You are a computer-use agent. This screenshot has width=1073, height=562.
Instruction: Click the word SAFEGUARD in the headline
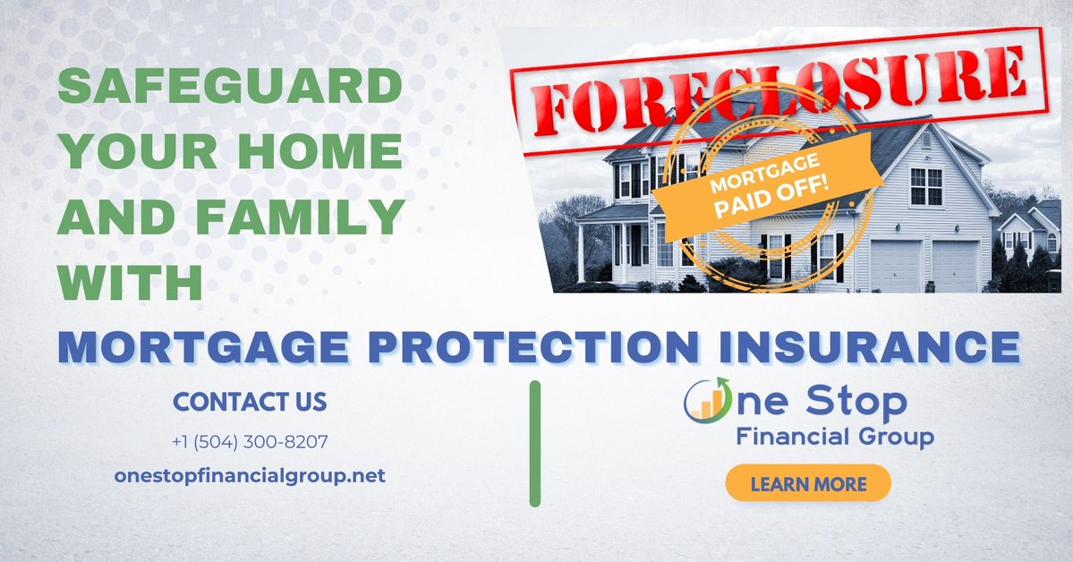coord(229,89)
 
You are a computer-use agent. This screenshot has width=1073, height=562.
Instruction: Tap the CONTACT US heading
coord(250,402)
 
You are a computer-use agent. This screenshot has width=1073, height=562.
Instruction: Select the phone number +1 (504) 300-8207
coord(250,442)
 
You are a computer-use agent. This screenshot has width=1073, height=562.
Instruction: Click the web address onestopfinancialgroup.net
coord(250,475)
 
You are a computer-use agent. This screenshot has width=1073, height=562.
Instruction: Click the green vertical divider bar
coord(535,444)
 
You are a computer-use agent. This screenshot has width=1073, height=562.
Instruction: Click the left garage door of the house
coord(894,265)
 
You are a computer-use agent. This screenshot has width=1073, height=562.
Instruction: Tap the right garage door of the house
coord(954,266)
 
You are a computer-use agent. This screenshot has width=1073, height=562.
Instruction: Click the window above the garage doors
coord(925,185)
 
